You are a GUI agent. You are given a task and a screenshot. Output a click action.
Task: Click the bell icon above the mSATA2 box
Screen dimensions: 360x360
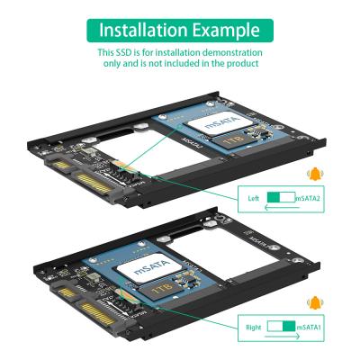click(x=314, y=175)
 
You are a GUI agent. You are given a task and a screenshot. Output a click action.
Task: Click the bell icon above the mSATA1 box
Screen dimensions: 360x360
click(x=314, y=305)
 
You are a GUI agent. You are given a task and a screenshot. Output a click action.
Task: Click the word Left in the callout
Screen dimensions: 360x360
click(x=255, y=197)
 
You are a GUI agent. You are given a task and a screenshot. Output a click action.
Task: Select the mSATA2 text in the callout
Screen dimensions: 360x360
click(x=310, y=197)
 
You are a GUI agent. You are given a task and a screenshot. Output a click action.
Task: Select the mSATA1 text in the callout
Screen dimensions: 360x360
click(x=310, y=328)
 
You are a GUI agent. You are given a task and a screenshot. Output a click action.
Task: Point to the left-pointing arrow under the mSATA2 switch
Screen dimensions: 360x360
click(x=281, y=208)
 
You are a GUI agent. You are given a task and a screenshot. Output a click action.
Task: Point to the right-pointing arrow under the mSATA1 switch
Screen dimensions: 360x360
click(x=281, y=338)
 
